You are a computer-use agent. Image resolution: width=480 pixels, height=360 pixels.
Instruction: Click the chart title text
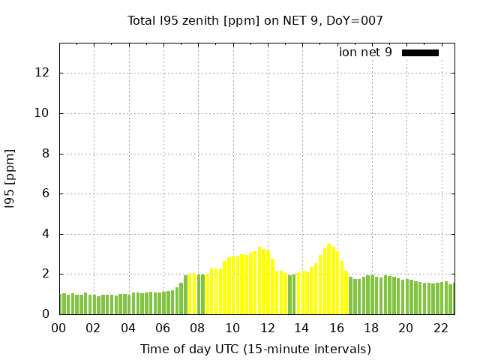255,21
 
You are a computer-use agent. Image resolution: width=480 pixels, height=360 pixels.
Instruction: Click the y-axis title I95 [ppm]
10,178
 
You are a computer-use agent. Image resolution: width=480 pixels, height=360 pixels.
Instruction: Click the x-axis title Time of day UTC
255,349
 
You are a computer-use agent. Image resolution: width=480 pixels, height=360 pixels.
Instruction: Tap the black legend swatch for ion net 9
420,52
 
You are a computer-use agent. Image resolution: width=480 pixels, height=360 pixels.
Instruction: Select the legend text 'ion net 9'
365,52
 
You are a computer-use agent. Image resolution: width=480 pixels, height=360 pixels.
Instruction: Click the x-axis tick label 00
59,328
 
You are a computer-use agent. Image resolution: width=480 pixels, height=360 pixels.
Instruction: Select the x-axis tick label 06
163,328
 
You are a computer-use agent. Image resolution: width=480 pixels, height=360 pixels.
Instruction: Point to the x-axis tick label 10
232,328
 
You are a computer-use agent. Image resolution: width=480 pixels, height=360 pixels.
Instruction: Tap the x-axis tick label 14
301,328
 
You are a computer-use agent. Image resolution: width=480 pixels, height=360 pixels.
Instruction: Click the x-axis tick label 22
440,328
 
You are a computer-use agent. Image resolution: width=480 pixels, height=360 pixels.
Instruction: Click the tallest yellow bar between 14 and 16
328,280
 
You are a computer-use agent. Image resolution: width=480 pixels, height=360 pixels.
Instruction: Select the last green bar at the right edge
451,299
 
